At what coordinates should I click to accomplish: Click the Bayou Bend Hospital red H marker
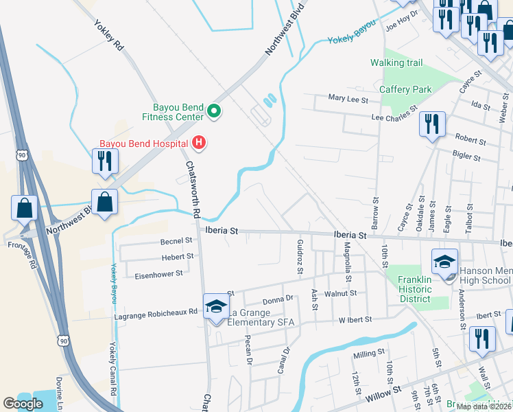[199, 143]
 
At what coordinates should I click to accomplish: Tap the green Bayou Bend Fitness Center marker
[213, 111]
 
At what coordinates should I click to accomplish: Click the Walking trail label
[396, 62]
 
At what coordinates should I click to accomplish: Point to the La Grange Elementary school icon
[215, 306]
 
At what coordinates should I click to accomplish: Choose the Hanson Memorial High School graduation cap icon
[444, 262]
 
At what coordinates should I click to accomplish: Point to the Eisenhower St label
[158, 273]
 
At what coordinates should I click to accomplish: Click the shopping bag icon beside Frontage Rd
[24, 208]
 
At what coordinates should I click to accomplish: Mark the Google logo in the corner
[23, 404]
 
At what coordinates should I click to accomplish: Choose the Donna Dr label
[278, 300]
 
